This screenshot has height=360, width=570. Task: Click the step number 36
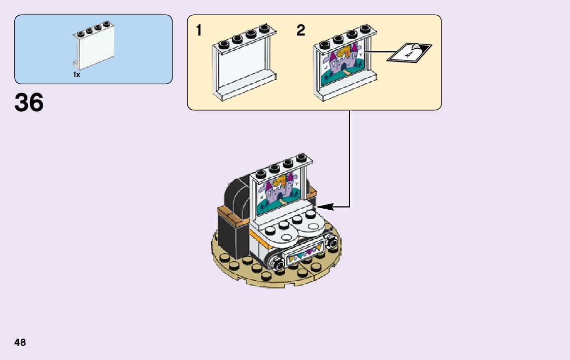click(29, 103)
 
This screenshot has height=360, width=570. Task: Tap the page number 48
click(20, 342)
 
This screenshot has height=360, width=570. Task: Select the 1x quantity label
click(77, 75)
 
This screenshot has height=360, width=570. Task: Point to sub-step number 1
click(199, 30)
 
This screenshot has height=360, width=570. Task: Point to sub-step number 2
click(301, 30)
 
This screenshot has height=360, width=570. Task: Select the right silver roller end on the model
click(333, 243)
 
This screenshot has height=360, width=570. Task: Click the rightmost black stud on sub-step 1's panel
click(263, 28)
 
